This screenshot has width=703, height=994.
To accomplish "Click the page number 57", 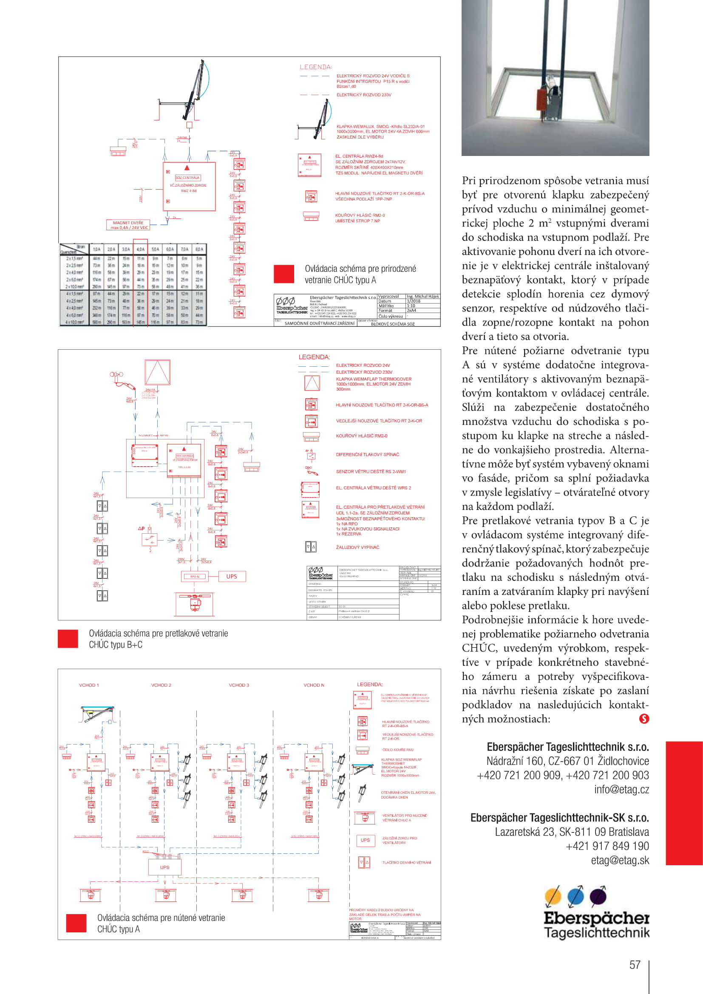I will click(635, 965).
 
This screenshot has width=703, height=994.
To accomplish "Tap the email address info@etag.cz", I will click(621, 789).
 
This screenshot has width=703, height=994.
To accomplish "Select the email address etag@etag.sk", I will click(620, 860).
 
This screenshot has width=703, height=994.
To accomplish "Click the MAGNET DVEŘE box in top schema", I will click(128, 225).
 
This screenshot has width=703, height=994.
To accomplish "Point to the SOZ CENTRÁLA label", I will click(187, 178).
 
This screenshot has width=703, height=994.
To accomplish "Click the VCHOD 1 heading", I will click(89, 685).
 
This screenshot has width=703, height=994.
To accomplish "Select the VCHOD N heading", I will click(313, 685).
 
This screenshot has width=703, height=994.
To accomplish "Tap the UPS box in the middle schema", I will click(232, 576).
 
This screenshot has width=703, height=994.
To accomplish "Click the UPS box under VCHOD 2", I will click(164, 867).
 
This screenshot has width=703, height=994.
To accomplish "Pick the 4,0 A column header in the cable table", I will click(140, 249).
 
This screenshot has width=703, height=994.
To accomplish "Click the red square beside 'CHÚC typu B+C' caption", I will click(68, 639).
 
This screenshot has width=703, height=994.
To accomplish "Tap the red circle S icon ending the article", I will click(643, 719).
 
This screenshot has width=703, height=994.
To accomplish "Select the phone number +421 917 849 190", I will click(607, 846).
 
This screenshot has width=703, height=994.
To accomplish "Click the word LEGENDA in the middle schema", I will click(314, 357).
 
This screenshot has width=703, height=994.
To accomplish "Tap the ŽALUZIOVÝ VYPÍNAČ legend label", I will click(357, 547).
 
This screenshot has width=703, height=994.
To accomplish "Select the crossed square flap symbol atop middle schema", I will click(157, 372).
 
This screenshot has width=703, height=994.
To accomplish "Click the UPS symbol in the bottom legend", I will click(365, 840).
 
